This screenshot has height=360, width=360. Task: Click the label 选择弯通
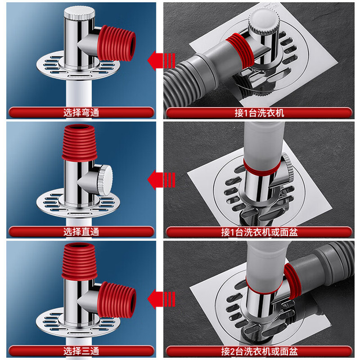click(81, 112)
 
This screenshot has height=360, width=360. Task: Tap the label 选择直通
click(81, 232)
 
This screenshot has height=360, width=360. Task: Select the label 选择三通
click(81, 351)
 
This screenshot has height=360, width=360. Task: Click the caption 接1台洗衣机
click(259, 113)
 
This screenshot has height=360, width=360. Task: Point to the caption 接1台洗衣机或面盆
click(259, 232)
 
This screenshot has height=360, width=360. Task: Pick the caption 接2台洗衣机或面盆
click(259, 351)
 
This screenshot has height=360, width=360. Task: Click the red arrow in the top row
click(161, 61)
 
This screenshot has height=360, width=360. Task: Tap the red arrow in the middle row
click(161, 180)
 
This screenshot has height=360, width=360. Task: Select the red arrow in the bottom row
click(161, 299)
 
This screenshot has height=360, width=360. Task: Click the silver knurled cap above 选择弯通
click(79, 13)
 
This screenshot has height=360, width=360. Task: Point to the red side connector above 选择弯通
click(116, 43)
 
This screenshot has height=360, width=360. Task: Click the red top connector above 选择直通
click(79, 142)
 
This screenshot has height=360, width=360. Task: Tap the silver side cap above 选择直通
click(105, 180)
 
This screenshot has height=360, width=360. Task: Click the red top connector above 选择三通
click(79, 262)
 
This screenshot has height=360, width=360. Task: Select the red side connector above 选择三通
click(116, 300)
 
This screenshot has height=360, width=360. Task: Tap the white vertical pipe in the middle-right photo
click(264, 145)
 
